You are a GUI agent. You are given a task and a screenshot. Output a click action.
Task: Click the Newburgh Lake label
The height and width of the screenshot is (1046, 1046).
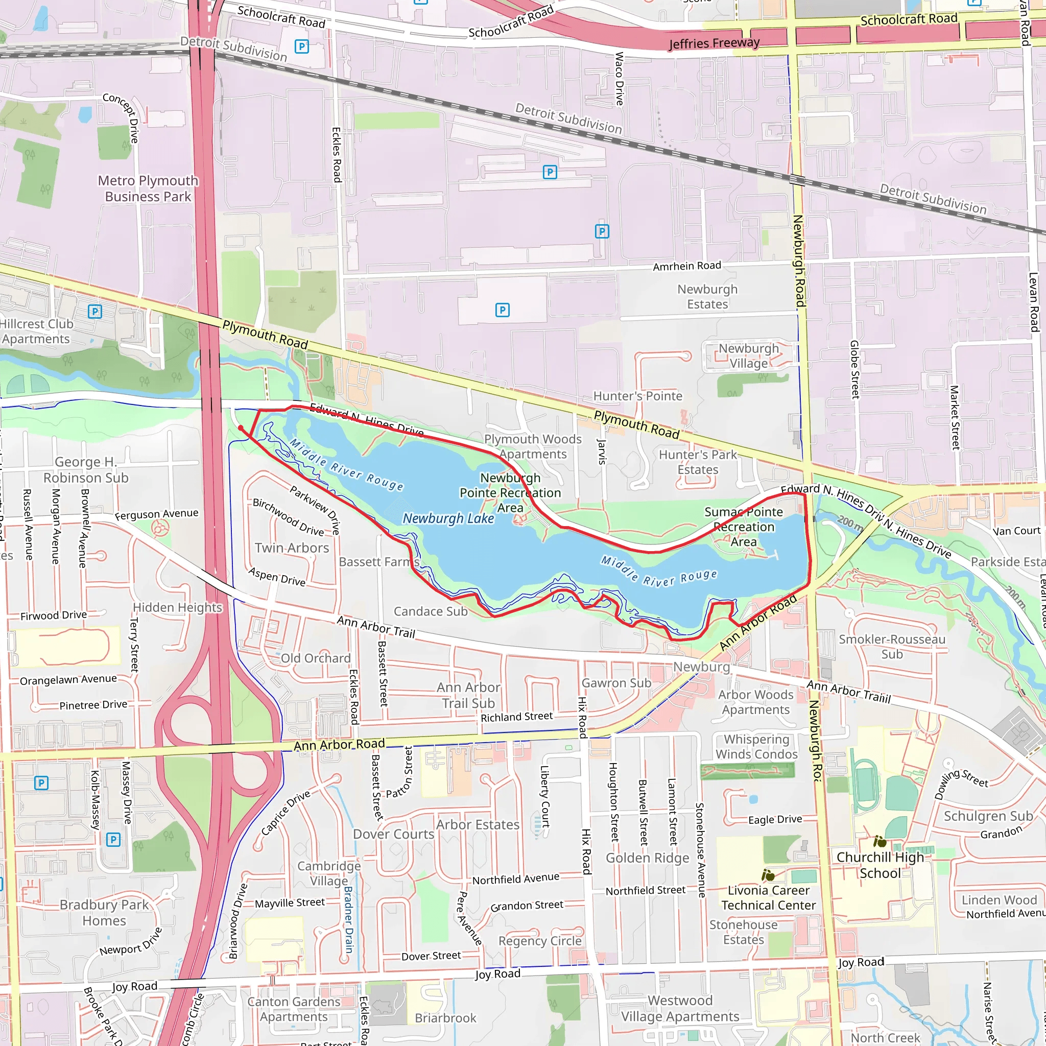coord(448,519)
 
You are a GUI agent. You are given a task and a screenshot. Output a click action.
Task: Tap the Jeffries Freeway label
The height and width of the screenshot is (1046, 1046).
coord(714,43)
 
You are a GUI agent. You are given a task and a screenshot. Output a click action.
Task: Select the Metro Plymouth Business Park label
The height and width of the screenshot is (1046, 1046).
coord(148,188)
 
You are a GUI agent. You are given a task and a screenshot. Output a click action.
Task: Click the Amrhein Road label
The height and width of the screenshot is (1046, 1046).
coord(686,266)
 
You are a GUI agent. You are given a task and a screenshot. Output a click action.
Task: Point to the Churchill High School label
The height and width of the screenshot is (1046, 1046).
coord(880,865)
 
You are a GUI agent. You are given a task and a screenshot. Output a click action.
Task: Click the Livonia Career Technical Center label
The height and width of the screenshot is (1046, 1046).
coord(768,898)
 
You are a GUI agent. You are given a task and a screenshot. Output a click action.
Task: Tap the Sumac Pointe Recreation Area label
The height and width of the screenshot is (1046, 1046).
coord(743,527)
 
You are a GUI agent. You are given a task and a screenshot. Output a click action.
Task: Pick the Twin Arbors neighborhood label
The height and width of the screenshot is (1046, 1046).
coord(292,548)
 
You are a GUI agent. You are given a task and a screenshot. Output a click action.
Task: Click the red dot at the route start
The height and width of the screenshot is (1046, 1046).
coord(241,427)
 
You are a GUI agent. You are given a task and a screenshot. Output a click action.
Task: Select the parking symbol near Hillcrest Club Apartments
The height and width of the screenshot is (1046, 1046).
coord(95,312)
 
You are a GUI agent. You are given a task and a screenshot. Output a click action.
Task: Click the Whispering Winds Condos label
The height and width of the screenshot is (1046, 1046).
coord(756,747)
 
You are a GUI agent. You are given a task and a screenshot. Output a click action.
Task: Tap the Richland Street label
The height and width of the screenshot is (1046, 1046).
coord(516,717)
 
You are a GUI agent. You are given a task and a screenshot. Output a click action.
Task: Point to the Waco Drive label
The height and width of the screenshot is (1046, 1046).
coord(620,79)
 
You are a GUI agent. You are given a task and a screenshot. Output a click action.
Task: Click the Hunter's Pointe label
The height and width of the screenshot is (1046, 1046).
coord(638,396)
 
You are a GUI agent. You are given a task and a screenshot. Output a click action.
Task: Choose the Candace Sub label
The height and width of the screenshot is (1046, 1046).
coord(431,611)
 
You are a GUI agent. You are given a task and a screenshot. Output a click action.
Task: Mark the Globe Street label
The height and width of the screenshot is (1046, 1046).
coord(855,369)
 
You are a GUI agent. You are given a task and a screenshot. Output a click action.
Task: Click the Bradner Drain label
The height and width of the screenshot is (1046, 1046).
coord(348,920)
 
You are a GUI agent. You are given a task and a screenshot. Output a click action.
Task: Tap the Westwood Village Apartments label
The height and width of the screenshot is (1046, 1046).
coord(680,1008)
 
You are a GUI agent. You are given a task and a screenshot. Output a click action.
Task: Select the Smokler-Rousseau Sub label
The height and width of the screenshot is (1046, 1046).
coord(892,647)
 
